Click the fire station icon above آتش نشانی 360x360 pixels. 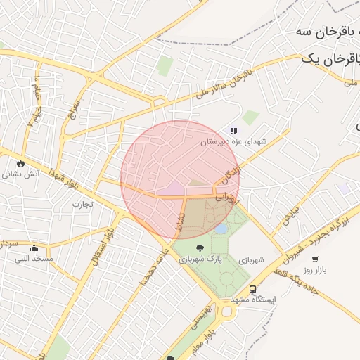(21, 162)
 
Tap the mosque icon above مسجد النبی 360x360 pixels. (34, 247)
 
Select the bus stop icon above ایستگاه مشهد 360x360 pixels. (252, 289)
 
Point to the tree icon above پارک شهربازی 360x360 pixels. (200, 248)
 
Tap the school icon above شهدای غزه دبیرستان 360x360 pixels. (233, 131)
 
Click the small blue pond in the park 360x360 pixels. (221, 229)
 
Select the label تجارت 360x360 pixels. (82, 204)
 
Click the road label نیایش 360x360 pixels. (291, 214)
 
